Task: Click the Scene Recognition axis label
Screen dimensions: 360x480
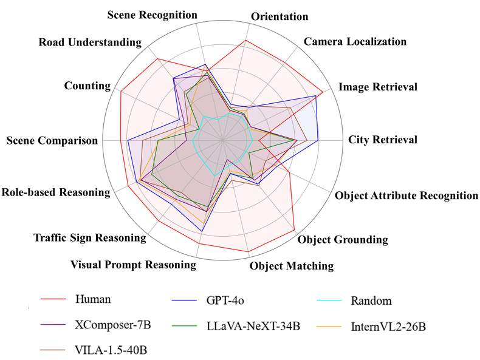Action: click(152, 14)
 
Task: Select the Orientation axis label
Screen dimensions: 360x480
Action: click(279, 16)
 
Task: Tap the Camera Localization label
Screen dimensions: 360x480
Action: click(355, 42)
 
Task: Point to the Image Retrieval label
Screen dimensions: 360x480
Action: click(378, 87)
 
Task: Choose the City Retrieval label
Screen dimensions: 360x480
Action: click(383, 140)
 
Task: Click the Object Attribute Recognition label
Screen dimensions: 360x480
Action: click(406, 195)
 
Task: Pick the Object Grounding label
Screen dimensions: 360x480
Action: click(343, 239)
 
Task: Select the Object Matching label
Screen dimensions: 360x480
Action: click(292, 265)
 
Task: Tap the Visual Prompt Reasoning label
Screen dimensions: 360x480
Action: click(133, 265)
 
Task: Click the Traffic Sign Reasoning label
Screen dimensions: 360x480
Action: click(90, 238)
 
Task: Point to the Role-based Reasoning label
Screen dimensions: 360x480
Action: click(56, 192)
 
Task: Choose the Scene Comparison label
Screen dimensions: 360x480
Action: click(52, 141)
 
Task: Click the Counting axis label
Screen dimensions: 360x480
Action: click(87, 86)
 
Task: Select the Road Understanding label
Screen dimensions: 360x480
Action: click(90, 42)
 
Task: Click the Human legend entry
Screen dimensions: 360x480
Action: click(94, 299)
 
